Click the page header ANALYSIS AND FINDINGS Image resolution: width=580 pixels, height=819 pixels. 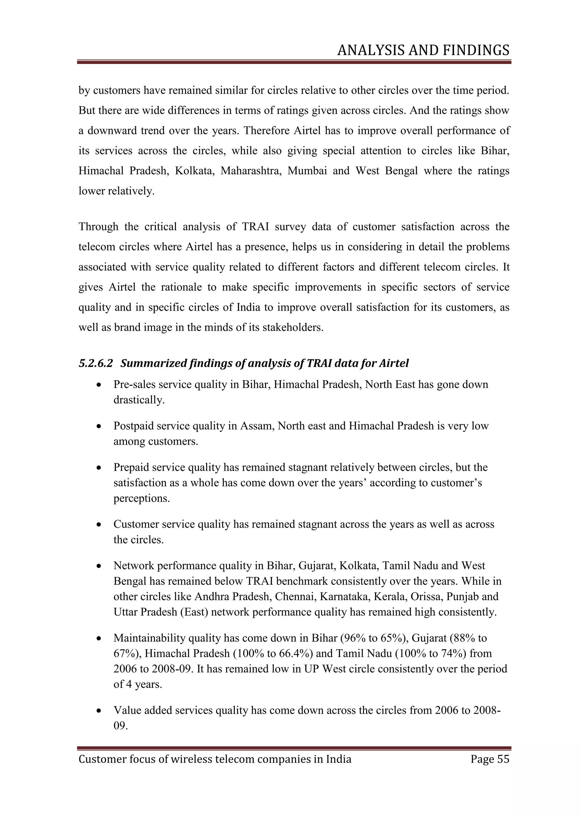(x=423, y=51)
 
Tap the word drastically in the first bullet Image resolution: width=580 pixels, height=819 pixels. (x=139, y=400)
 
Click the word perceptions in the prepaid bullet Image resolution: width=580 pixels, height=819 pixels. (x=141, y=498)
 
